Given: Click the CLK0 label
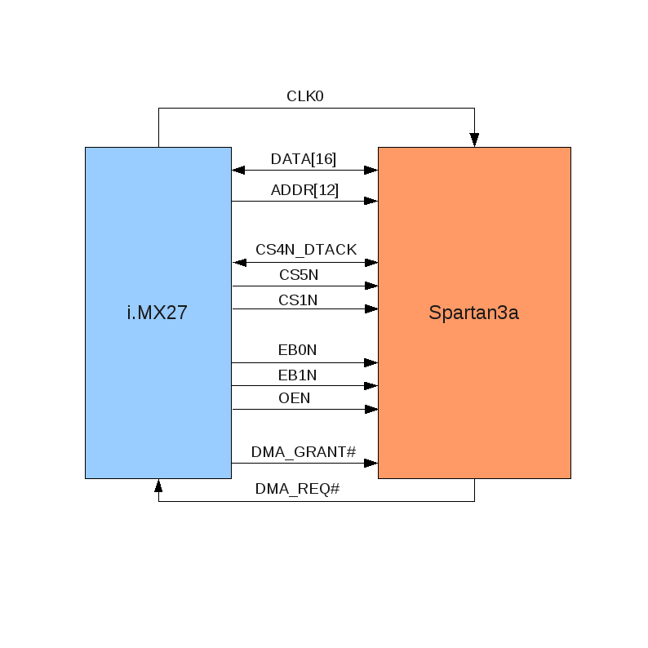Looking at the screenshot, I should [305, 96].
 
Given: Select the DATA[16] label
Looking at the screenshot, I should [304, 159].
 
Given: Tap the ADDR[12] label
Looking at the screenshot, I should [304, 190].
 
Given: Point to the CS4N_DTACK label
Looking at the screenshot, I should [306, 250].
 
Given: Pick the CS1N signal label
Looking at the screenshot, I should [298, 300].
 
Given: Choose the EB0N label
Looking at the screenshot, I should [297, 351].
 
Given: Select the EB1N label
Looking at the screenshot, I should [297, 375].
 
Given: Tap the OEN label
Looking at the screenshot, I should [295, 398].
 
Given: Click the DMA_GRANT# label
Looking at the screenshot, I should [304, 451].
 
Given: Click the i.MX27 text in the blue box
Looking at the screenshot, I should [158, 312].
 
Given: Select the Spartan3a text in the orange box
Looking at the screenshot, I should [473, 312].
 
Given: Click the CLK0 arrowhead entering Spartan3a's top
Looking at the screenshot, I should [474, 140].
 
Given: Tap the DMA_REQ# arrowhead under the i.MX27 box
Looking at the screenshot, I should [158, 486].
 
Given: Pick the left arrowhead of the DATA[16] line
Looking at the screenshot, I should [238, 170].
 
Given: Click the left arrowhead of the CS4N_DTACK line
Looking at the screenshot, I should [240, 263].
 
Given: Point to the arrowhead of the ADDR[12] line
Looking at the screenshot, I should [371, 201].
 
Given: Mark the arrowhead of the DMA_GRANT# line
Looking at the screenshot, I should [371, 463].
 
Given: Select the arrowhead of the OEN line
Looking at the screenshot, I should [371, 409].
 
